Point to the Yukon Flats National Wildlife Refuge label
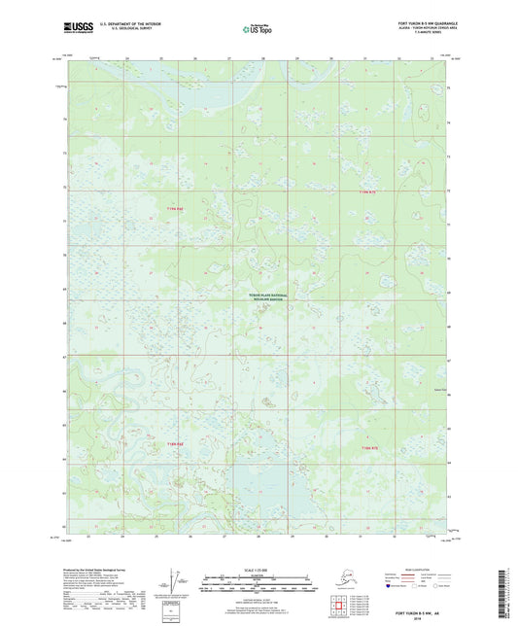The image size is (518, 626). pyautogui.click(x=259, y=298)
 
